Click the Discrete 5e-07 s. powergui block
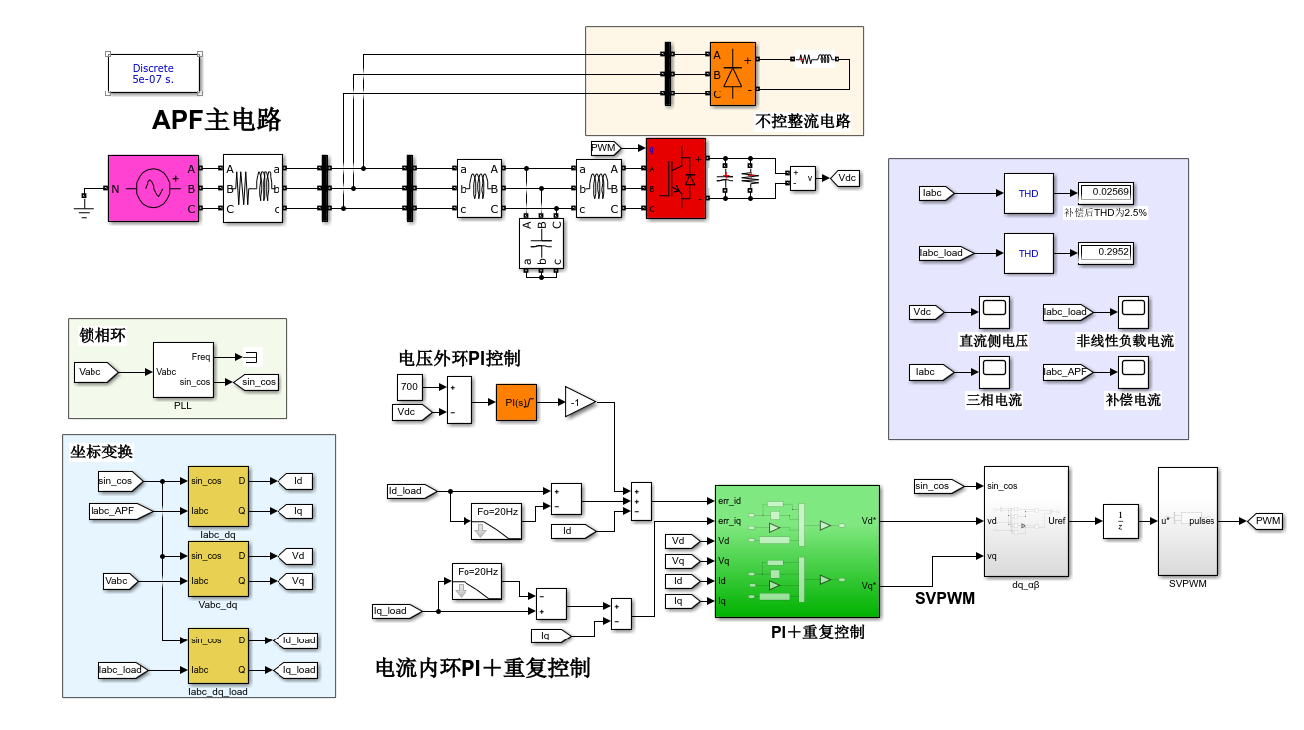point(154,74)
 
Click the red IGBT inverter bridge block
point(676,178)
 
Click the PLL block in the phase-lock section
point(182,370)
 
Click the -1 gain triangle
point(579,402)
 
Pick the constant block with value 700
point(409,387)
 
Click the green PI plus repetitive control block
point(798,551)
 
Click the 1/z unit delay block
point(1120,521)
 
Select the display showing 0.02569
point(1106,192)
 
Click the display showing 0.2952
point(1106,253)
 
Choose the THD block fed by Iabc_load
point(1028,253)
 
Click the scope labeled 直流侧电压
point(994,312)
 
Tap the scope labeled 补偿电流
point(1133,372)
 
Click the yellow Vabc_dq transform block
point(218,568)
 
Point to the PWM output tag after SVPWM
point(1267,521)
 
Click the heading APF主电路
point(217,120)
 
